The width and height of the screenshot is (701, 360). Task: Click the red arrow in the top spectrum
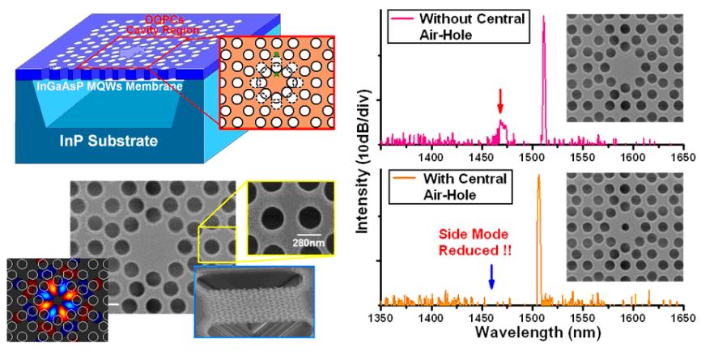point(501,101)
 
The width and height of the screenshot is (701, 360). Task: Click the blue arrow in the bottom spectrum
point(491,277)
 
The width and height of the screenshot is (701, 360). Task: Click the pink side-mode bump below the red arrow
point(501,127)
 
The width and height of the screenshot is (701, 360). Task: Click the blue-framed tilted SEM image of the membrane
point(254,299)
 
